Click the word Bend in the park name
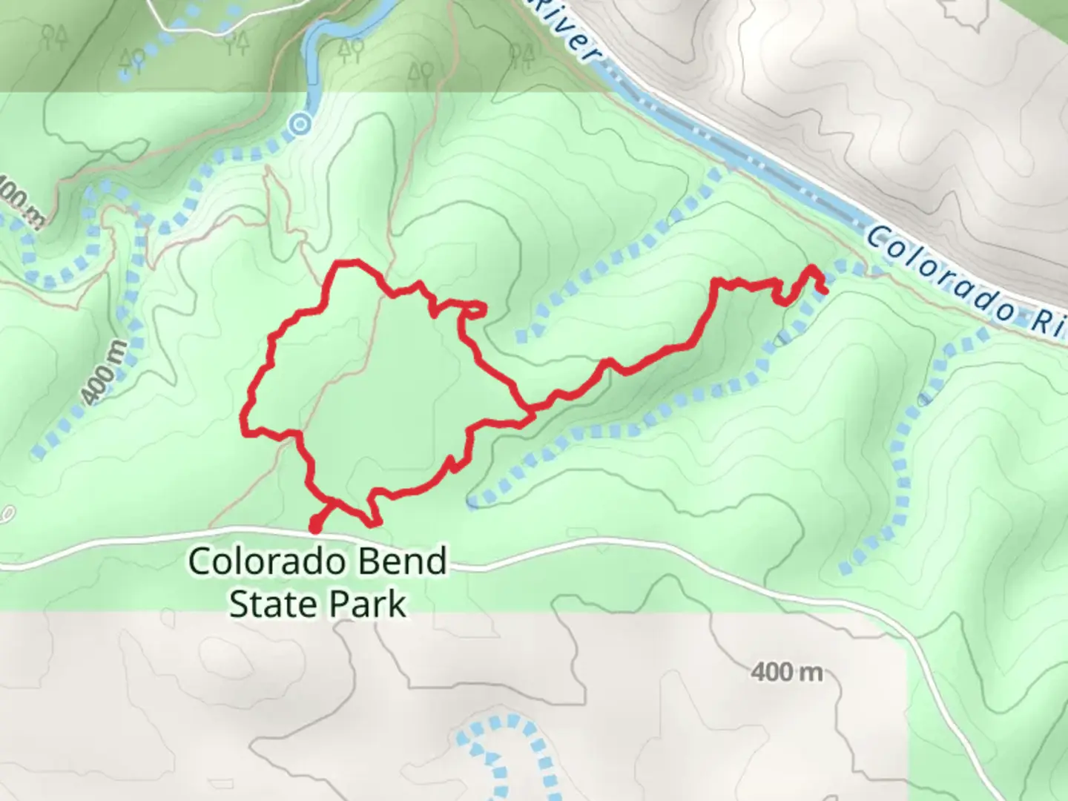click(x=400, y=561)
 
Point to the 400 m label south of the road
click(x=786, y=672)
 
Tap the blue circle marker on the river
click(x=300, y=125)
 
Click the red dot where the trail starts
click(x=315, y=528)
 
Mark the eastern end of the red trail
click(x=825, y=291)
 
